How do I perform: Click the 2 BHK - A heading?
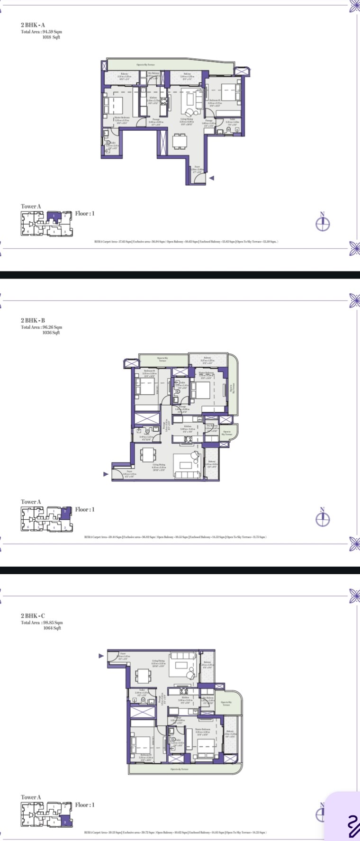tap(33, 25)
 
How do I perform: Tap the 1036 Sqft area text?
tap(51, 333)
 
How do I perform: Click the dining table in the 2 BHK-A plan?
tap(180, 141)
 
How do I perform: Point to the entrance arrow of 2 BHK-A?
tap(212, 178)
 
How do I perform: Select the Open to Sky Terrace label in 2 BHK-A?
tap(145, 64)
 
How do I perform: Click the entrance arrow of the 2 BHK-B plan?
tap(106, 473)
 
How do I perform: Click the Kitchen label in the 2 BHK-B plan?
tap(188, 426)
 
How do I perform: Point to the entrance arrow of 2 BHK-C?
tap(101, 656)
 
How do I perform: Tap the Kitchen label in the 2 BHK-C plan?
tap(186, 697)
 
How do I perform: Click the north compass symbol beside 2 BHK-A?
tap(323, 223)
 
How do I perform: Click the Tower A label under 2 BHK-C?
tap(31, 797)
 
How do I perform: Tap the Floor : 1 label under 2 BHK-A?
tap(85, 214)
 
